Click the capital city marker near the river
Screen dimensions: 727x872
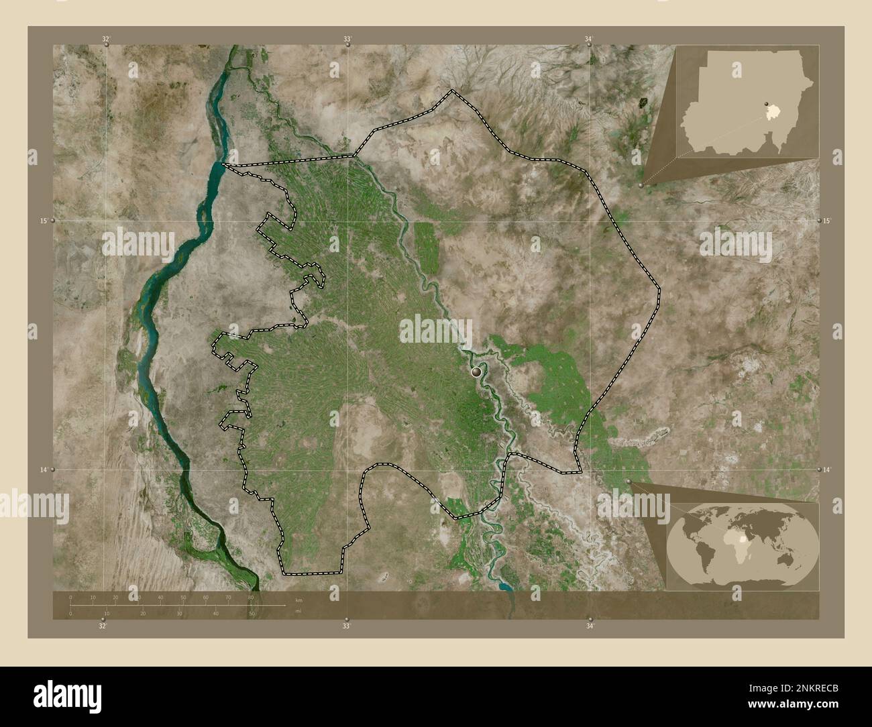coord(477,370)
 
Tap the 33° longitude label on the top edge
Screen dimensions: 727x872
coord(347,40)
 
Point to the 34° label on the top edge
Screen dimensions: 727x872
coord(588,40)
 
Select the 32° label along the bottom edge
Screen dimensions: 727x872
coord(102,626)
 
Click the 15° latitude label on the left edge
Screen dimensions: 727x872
coord(43,221)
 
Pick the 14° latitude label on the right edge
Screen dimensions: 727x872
coord(827,470)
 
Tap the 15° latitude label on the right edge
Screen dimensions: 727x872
coord(827,221)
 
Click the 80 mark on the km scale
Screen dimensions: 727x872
coord(250,597)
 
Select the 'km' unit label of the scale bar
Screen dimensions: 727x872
coord(298,599)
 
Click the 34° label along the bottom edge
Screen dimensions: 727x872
coord(589,626)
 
